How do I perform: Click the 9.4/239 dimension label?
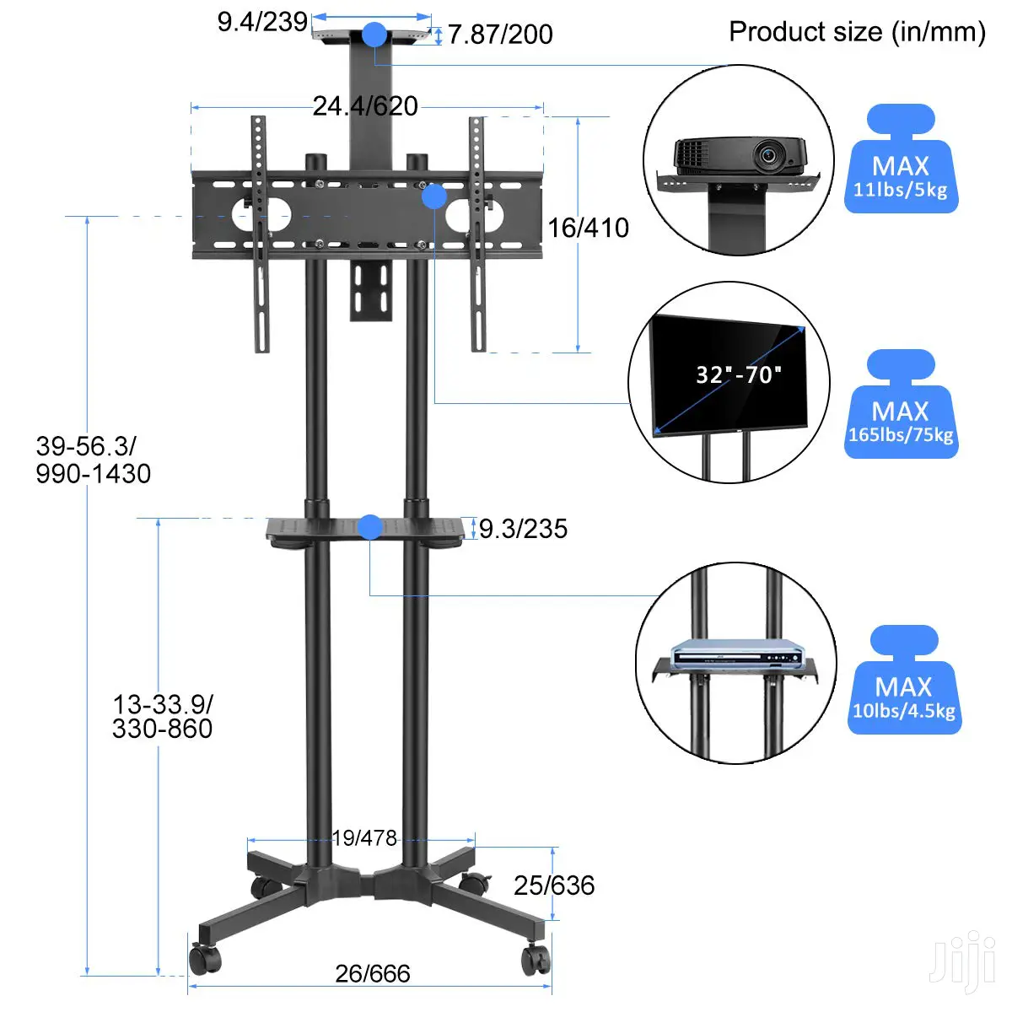click(x=262, y=22)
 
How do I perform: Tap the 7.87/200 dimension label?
click(x=500, y=35)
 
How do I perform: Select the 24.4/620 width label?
click(x=365, y=106)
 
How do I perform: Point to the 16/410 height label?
click(x=588, y=228)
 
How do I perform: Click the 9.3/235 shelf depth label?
click(x=523, y=528)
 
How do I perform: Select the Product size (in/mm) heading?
click(x=857, y=32)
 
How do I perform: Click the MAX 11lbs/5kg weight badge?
click(x=901, y=159)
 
